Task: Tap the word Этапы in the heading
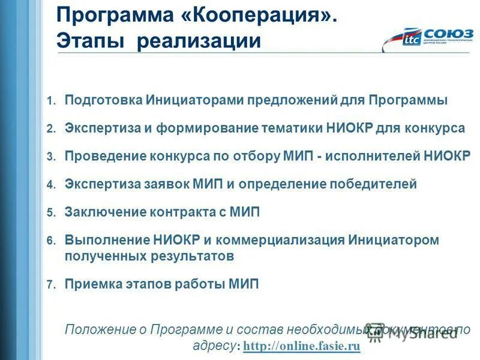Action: [89, 41]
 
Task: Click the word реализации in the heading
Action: [199, 41]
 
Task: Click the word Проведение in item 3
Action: [103, 156]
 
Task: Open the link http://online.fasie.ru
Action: [302, 346]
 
